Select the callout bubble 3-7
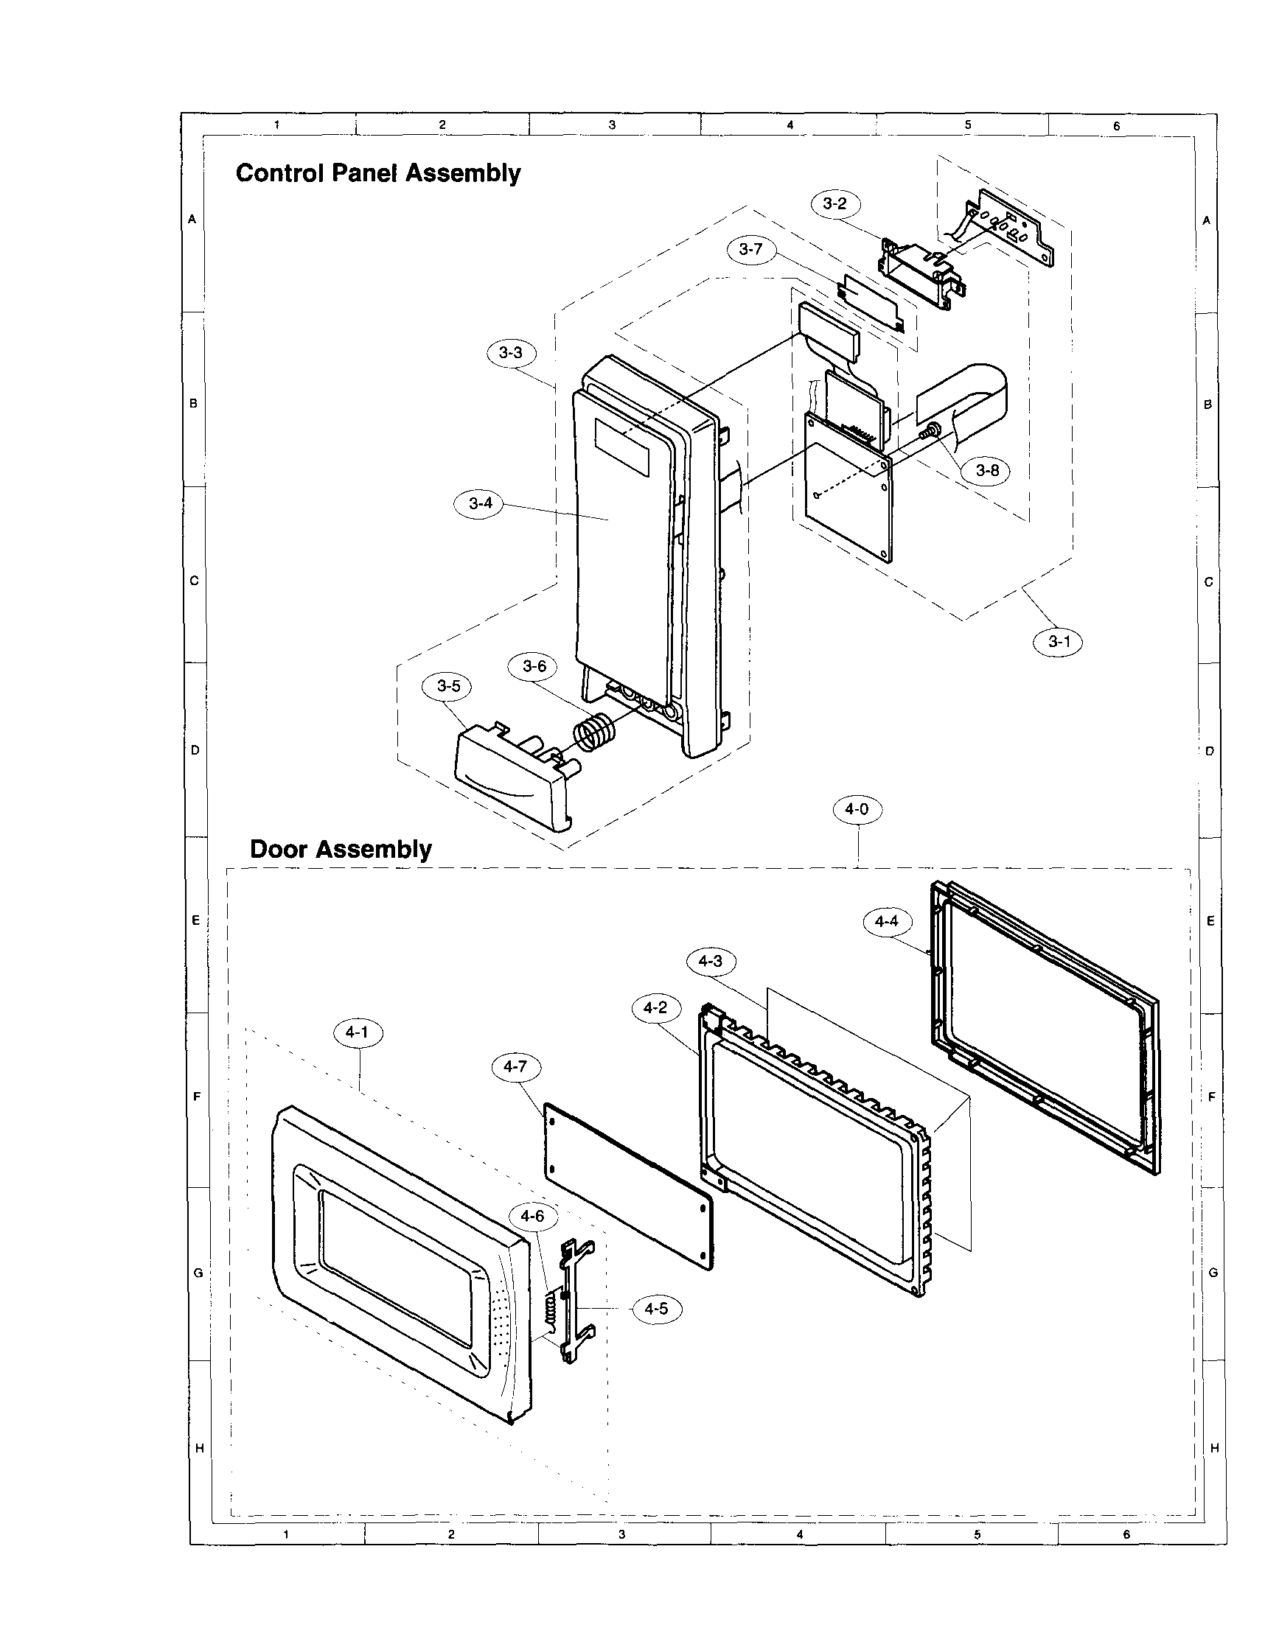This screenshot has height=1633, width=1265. (x=750, y=250)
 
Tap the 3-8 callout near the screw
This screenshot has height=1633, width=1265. (x=988, y=470)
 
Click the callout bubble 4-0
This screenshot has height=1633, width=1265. (x=857, y=809)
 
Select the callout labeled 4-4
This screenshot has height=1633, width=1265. (x=887, y=921)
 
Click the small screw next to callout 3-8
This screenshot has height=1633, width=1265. (x=933, y=430)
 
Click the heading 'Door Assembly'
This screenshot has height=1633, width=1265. (x=341, y=850)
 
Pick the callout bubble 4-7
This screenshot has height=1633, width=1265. (x=515, y=1067)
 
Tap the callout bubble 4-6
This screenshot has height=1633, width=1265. (x=533, y=1217)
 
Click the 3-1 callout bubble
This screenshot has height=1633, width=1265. (x=1058, y=642)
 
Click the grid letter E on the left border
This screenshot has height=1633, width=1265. (x=195, y=920)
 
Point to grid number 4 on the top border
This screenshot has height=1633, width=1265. (x=790, y=125)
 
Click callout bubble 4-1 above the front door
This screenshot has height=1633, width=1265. (x=358, y=1033)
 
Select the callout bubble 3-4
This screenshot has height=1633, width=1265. (x=479, y=503)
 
